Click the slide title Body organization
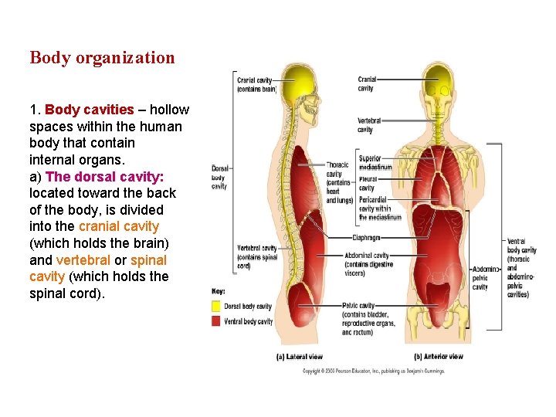(102, 58)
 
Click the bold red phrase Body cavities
(90, 110)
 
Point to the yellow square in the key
(216, 306)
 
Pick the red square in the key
(216, 320)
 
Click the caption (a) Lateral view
(299, 357)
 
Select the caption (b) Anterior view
(438, 357)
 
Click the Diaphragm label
(367, 238)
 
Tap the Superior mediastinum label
(375, 163)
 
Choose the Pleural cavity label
(367, 184)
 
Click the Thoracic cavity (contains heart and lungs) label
(339, 182)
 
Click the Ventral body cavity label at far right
(521, 267)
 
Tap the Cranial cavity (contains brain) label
(256, 84)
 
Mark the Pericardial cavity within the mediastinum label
(379, 208)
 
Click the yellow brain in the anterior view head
(442, 76)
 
